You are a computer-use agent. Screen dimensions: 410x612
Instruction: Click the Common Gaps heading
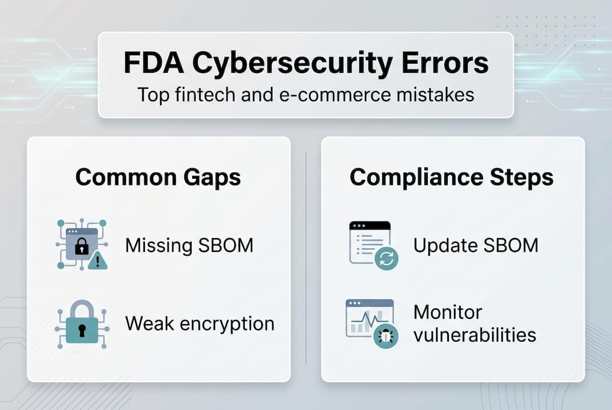(x=158, y=177)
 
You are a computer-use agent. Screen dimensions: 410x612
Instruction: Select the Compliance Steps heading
(x=451, y=177)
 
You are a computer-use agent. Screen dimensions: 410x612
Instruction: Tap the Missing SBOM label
(x=189, y=245)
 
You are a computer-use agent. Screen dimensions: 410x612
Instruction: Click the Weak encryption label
(x=200, y=323)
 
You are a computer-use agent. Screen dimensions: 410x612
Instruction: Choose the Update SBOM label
(x=476, y=245)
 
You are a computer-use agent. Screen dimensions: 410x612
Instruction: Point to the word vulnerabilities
(x=475, y=334)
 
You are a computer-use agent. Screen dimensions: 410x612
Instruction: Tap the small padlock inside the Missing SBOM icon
(x=82, y=245)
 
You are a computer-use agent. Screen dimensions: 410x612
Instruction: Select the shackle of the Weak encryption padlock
(x=81, y=309)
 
